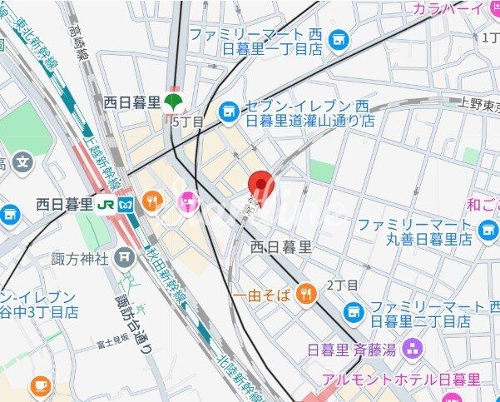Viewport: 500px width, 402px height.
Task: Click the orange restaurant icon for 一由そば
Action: (307, 293)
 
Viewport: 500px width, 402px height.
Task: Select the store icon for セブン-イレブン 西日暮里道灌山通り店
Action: (228, 110)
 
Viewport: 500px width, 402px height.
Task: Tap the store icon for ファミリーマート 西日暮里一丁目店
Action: (338, 38)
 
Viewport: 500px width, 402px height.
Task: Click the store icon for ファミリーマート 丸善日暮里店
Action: (488, 226)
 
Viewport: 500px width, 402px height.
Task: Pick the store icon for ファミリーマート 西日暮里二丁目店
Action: (354, 312)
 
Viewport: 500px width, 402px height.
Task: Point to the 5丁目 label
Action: (186, 122)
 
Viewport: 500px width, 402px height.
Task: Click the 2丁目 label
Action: (341, 285)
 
